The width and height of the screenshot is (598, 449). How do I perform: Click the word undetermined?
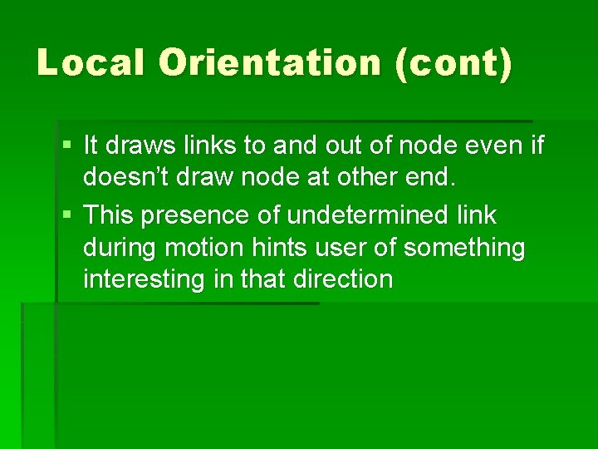point(366,215)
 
